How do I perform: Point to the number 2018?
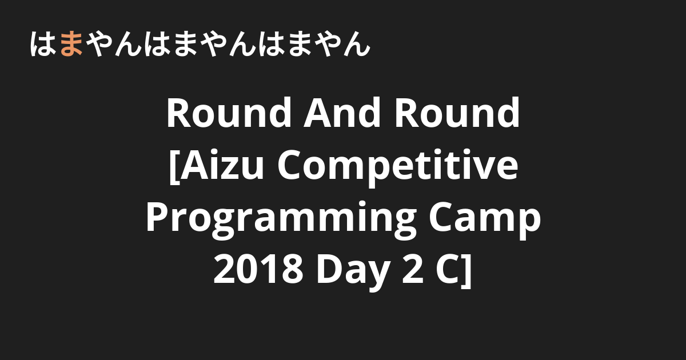tap(258, 270)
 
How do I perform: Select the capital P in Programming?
tap(157, 217)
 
